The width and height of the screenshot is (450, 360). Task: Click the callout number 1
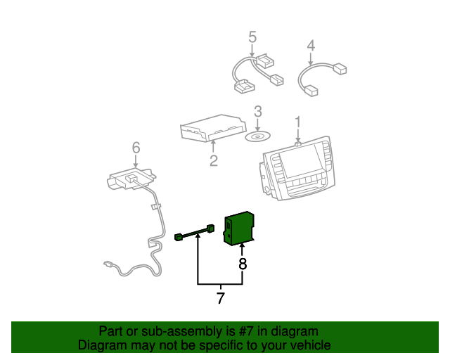click(298, 122)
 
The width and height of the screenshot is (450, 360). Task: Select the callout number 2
click(214, 161)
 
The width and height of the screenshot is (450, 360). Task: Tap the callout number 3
click(258, 111)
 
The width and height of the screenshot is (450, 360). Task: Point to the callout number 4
click(311, 46)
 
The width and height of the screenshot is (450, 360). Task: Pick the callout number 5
click(252, 37)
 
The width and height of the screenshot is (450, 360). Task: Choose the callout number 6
click(136, 147)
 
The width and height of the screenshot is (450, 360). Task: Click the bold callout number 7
click(220, 298)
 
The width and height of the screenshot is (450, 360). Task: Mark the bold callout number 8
click(243, 264)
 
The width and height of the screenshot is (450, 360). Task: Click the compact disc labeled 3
click(257, 136)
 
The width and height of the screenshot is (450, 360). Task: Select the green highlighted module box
click(238, 229)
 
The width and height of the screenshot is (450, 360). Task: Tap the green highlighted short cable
click(194, 233)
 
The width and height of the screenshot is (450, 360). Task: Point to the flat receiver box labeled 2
click(213, 128)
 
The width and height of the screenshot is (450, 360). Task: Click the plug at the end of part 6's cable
click(108, 264)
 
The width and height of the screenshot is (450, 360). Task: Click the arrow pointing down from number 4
click(310, 58)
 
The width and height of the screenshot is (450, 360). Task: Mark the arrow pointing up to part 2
click(213, 147)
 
